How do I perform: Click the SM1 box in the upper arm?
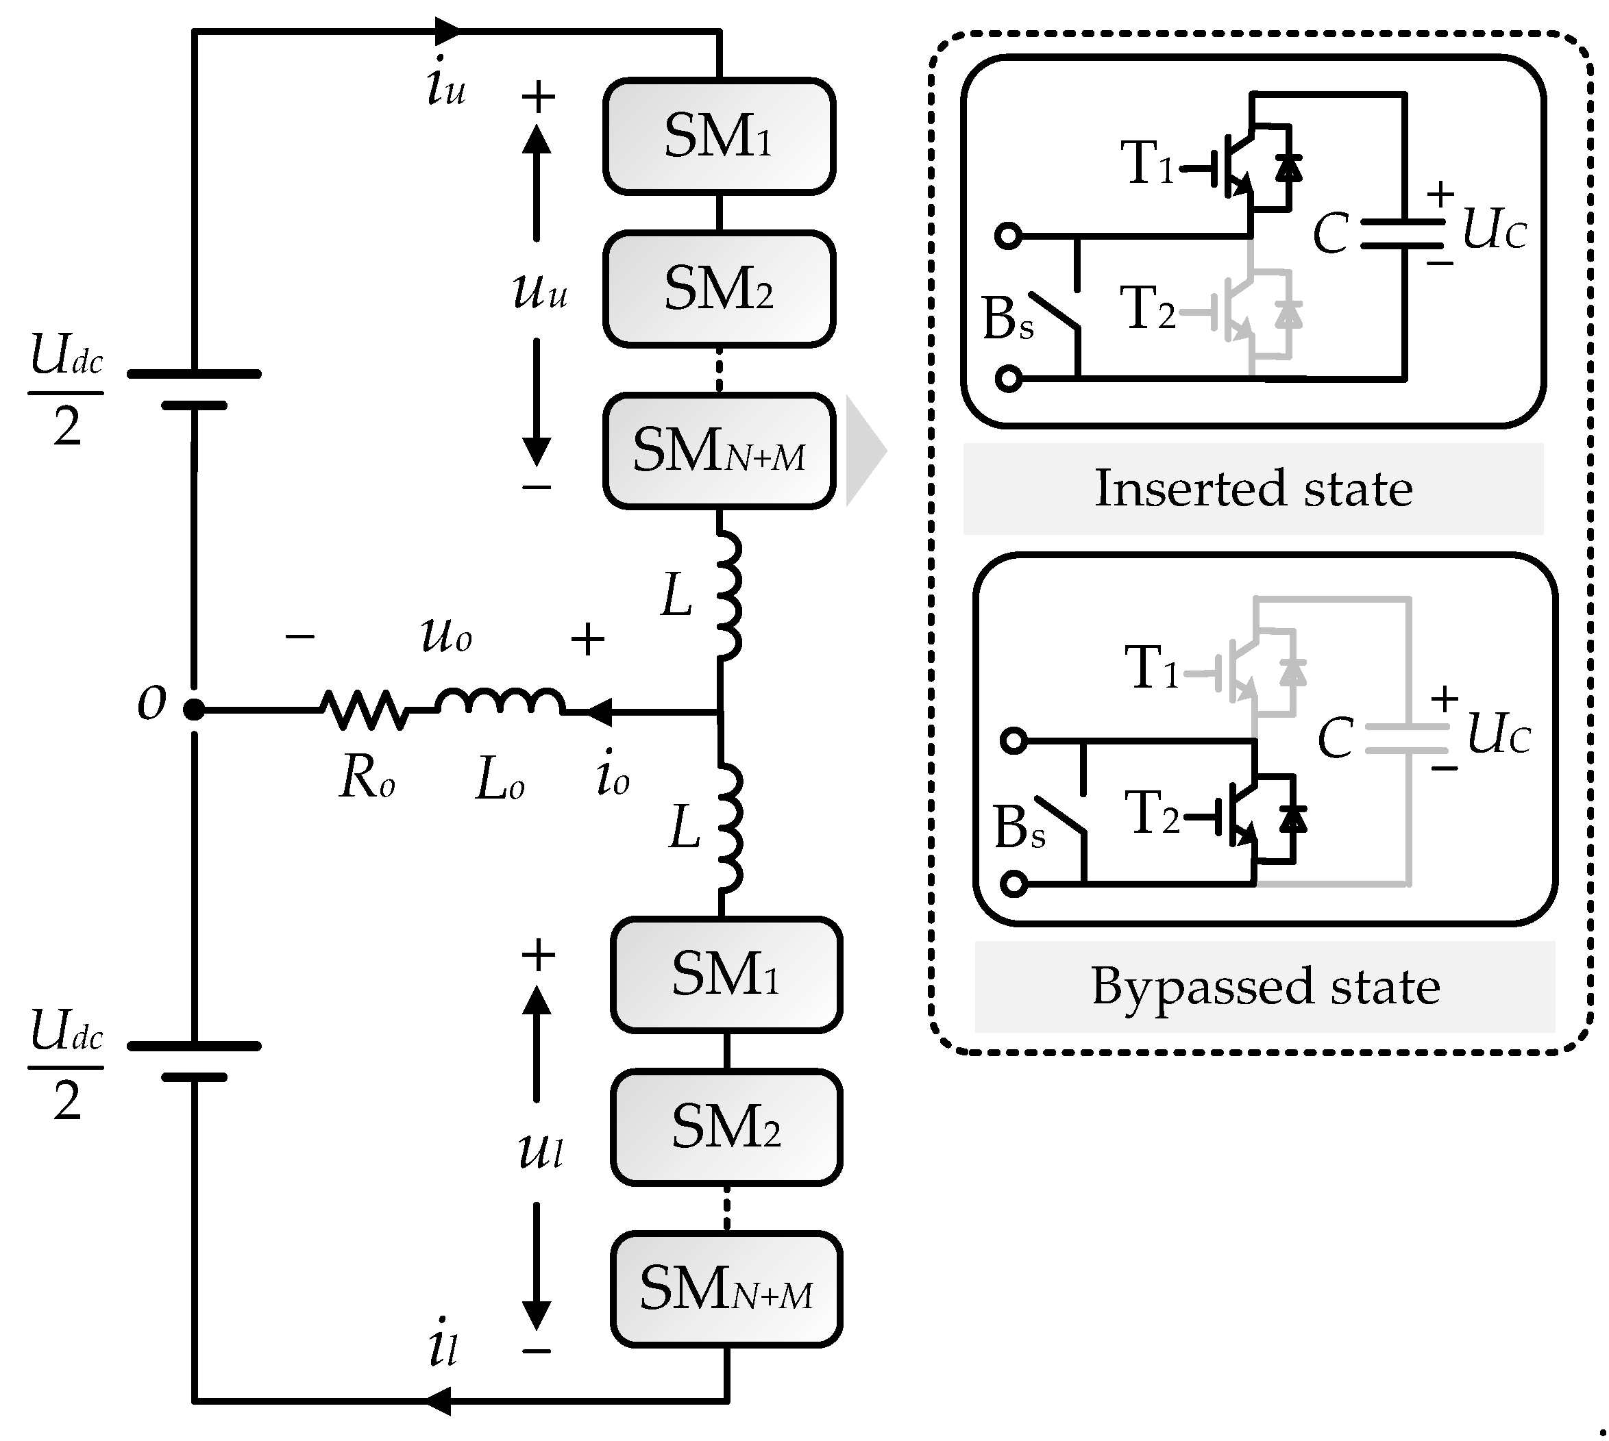click(x=719, y=136)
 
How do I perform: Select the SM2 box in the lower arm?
click(x=726, y=1127)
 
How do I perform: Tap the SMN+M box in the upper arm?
click(x=719, y=451)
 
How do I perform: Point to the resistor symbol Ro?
click(x=365, y=710)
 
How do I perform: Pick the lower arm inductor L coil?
click(x=729, y=828)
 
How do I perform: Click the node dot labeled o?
click(x=193, y=710)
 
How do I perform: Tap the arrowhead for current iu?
click(x=448, y=32)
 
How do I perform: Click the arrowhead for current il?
click(x=441, y=1401)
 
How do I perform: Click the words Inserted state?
click(x=1253, y=488)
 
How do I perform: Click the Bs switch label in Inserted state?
click(x=1007, y=318)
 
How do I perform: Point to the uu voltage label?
click(x=539, y=290)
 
